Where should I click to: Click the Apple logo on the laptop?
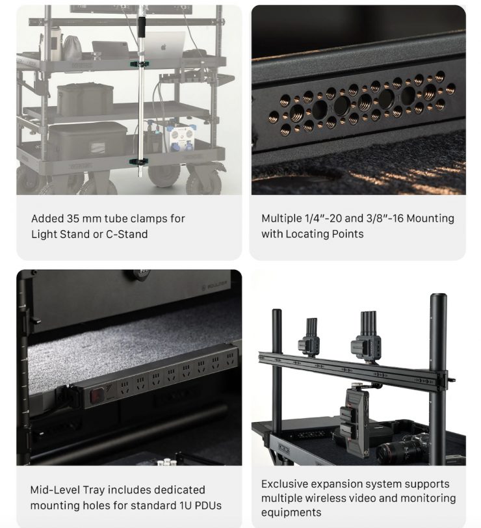pos(164,47)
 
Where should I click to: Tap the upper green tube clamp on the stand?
pos(140,64)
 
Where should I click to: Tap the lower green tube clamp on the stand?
pos(140,162)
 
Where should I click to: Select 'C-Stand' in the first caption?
pos(127,234)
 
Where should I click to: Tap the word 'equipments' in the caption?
pos(291,513)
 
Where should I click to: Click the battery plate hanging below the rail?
pos(352,421)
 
